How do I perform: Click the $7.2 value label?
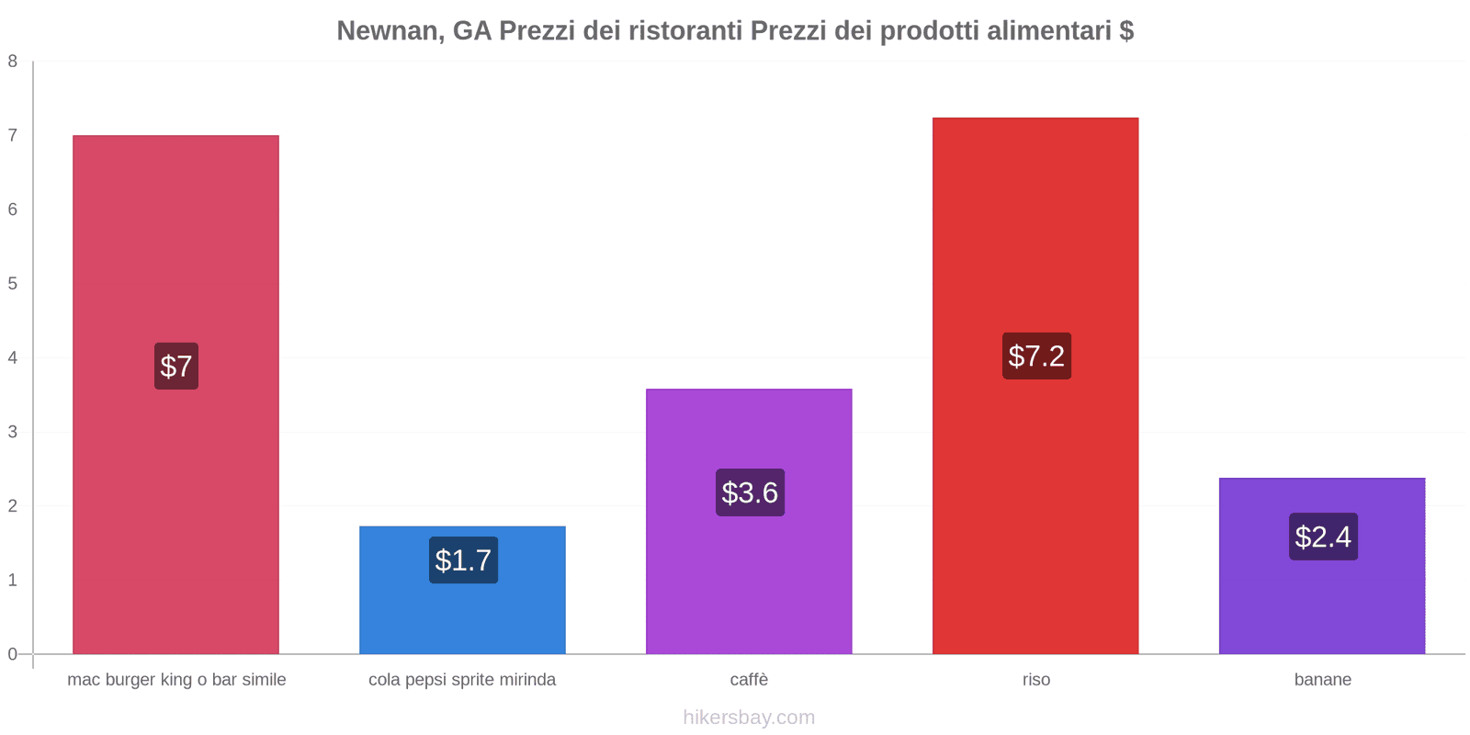point(1036,356)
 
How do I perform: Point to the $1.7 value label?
point(463,560)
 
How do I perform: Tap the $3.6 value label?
point(750,492)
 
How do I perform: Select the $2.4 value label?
point(1323,537)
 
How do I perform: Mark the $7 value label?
point(176,366)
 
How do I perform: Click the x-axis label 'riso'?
point(1036,680)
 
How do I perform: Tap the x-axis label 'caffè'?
point(749,680)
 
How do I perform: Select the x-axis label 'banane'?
point(1322,680)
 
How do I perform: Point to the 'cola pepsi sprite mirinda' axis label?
point(462,680)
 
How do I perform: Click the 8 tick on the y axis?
point(13,62)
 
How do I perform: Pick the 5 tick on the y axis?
point(13,284)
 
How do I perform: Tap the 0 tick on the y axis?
point(13,654)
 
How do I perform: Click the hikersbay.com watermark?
point(749,718)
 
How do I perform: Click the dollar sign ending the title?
point(1126,30)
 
